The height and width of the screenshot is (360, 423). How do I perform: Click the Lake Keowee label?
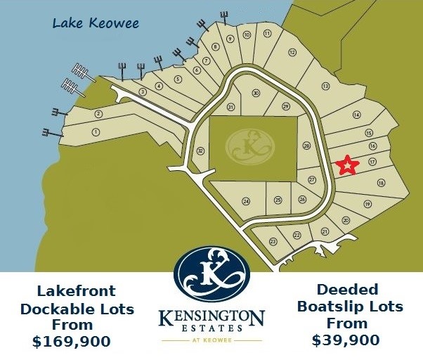96,24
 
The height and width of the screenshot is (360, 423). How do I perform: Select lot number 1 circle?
96,131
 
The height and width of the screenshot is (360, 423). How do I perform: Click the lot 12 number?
292,53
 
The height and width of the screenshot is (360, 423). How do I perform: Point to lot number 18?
381,183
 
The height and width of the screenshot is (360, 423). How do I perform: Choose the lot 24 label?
246,201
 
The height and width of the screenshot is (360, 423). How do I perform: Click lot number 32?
200,150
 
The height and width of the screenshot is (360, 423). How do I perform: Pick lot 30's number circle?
256,93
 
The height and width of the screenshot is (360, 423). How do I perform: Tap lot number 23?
273,241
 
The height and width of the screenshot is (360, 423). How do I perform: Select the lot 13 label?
325,86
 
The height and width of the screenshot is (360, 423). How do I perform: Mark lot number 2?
99,114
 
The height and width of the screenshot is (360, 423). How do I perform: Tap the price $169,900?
72,342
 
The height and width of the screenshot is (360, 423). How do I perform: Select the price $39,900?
346,340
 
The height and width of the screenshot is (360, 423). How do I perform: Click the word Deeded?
347,290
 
